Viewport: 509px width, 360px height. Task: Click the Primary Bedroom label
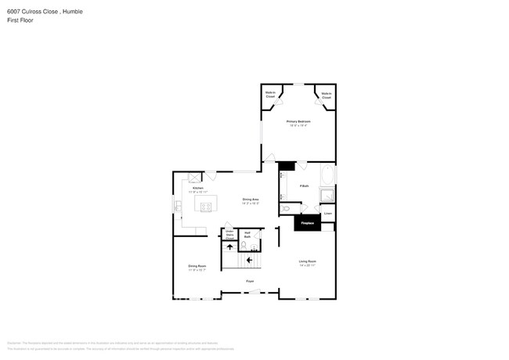click(298, 122)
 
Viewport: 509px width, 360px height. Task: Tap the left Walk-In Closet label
click(270, 95)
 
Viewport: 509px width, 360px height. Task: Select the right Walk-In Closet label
click(326, 95)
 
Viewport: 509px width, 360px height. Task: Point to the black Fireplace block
click(308, 223)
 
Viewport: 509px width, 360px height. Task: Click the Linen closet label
click(328, 213)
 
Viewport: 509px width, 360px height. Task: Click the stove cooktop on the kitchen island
click(207, 207)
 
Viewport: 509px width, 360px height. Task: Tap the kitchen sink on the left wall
click(179, 207)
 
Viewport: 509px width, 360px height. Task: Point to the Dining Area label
click(251, 200)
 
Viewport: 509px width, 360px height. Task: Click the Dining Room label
click(197, 267)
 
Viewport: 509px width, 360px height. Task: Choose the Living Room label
click(307, 262)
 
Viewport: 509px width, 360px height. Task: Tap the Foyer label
click(250, 281)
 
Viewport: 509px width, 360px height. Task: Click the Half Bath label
click(248, 233)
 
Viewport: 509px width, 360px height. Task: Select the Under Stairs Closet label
click(229, 234)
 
